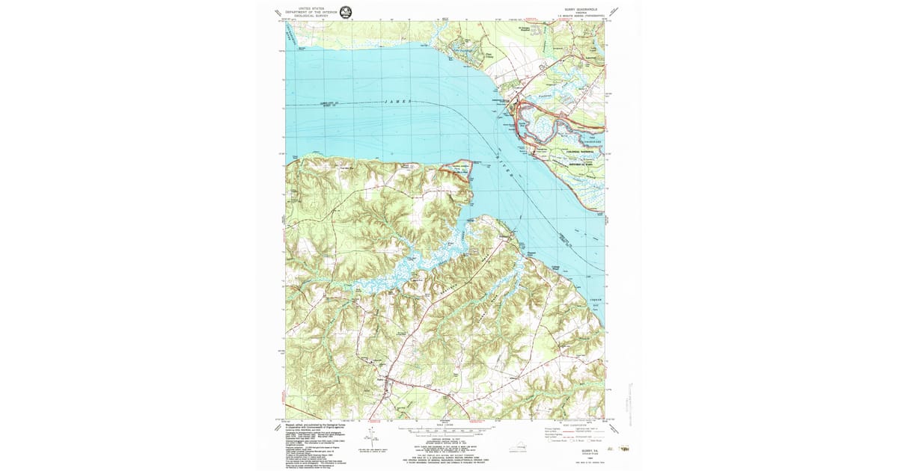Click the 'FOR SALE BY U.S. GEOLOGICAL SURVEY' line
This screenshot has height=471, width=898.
[x=445, y=455]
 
